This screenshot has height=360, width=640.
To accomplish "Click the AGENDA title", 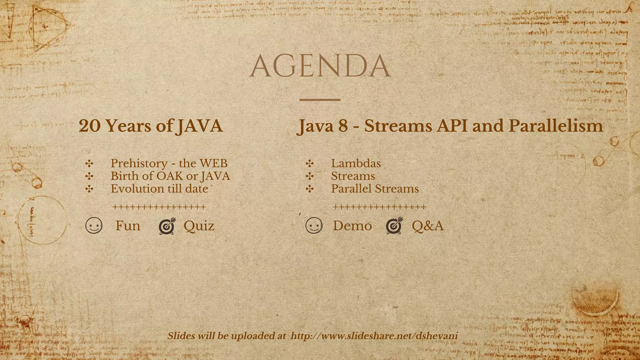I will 320,66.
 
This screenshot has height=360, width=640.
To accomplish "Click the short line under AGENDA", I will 320,100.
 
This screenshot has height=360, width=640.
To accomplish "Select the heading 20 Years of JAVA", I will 151,126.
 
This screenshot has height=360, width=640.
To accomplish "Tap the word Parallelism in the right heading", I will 556,126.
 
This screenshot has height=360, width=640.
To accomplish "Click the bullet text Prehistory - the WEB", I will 169,163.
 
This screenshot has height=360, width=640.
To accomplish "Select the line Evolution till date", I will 159,189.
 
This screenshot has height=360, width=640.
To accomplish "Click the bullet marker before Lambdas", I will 310,163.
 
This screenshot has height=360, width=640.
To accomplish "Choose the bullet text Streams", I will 353,176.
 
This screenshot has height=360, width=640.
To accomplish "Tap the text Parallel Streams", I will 375,189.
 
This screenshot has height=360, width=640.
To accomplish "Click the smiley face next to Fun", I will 94,226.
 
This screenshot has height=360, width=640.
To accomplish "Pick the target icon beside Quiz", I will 167,226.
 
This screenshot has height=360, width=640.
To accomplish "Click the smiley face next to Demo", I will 314,226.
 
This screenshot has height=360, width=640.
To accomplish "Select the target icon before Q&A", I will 394,226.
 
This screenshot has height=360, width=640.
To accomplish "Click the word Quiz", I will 199,226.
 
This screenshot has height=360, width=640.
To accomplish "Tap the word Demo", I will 352,226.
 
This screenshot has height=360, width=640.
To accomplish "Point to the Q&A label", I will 427,226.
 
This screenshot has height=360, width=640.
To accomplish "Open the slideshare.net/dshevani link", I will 374,336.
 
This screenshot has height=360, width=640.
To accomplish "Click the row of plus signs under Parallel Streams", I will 379,207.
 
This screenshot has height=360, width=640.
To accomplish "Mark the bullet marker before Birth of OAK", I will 89,176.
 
